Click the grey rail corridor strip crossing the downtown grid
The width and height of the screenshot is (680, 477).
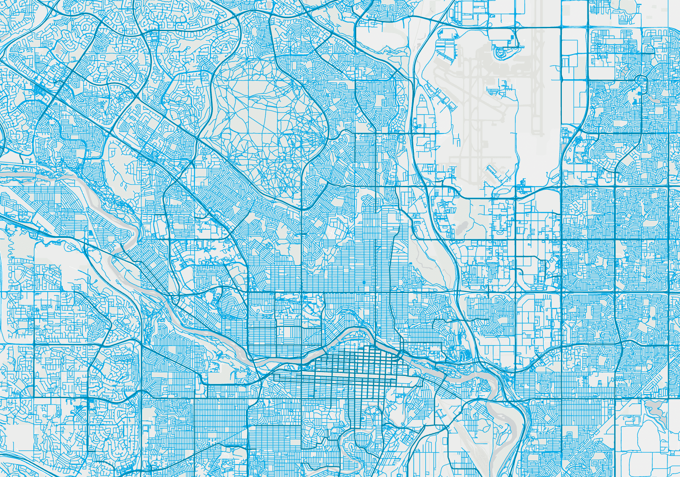click(x=341, y=378)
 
